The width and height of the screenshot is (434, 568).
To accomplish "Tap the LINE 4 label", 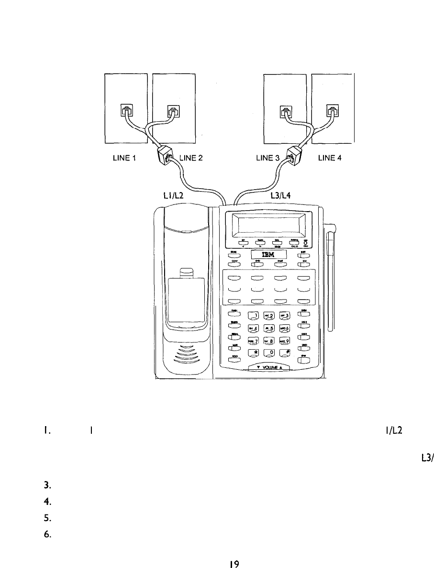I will (x=329, y=160).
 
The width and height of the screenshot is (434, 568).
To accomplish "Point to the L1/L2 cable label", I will (x=174, y=195).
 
